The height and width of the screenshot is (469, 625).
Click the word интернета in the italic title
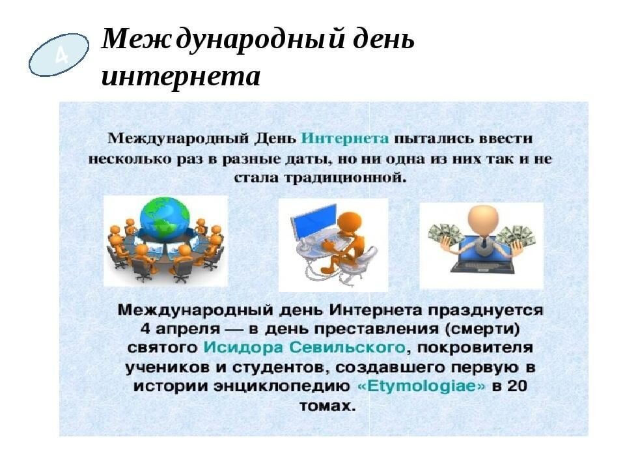point(181,78)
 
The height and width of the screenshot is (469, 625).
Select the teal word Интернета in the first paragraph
point(347,139)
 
